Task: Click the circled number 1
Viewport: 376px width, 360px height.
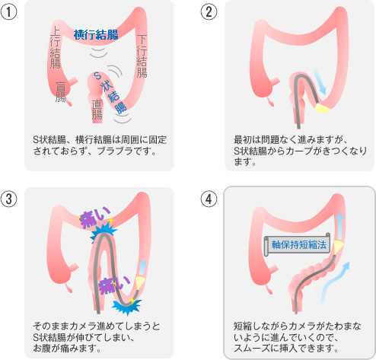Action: (8, 12)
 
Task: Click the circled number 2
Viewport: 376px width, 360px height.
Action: (209, 12)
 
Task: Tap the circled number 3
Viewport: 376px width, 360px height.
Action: (8, 199)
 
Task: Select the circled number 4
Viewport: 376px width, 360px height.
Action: (209, 199)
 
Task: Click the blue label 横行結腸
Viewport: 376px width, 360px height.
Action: (96, 34)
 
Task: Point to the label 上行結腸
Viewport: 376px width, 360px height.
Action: (56, 47)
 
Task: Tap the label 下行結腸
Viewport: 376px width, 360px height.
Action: (142, 56)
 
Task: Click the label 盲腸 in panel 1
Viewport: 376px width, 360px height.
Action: (61, 91)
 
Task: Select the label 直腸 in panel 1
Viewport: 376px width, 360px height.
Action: (97, 110)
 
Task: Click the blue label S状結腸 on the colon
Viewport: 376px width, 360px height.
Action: (110, 92)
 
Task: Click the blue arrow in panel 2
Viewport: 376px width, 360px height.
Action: (320, 82)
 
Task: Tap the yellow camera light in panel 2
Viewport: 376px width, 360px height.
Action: (323, 107)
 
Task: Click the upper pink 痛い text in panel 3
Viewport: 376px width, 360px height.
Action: (95, 216)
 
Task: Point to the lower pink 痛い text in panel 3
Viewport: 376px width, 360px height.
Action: (114, 285)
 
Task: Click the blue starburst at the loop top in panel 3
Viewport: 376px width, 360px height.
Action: (104, 233)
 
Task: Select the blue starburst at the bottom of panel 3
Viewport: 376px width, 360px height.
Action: (126, 306)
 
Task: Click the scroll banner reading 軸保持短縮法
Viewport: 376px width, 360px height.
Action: (298, 244)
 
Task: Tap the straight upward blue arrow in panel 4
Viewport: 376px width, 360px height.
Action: (339, 226)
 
